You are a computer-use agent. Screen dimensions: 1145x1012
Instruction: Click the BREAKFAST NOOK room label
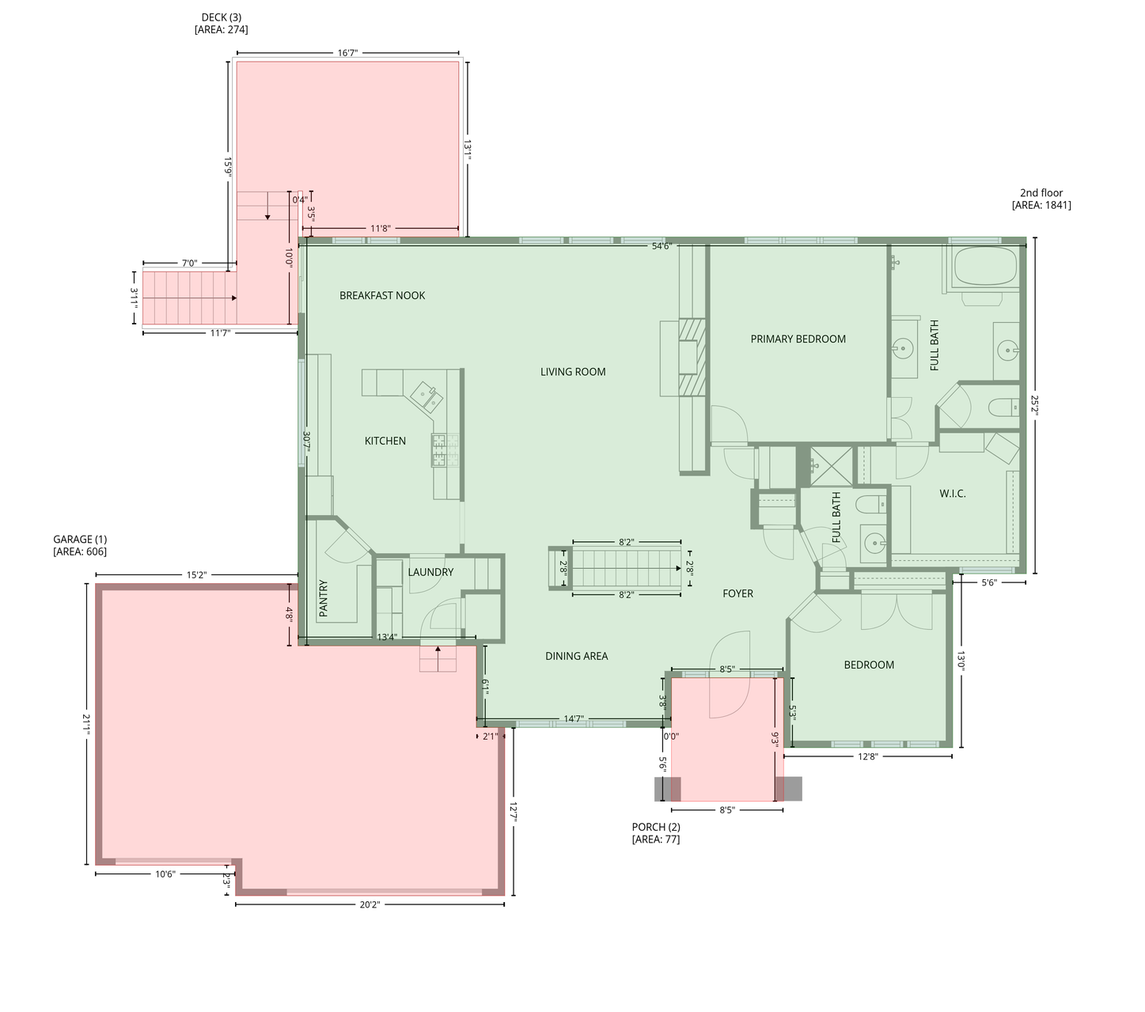tap(382, 295)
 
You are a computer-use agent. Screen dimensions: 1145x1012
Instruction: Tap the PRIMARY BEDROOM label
tap(798, 339)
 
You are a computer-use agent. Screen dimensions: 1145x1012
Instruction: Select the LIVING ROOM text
tap(573, 372)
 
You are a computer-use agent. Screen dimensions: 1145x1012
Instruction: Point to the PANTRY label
tap(324, 598)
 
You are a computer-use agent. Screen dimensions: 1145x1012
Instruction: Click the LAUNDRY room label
tap(430, 572)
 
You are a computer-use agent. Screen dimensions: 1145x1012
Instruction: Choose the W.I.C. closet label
tap(952, 493)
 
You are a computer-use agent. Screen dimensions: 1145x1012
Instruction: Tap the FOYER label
tap(737, 593)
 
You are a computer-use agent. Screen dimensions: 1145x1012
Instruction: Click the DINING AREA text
tap(576, 656)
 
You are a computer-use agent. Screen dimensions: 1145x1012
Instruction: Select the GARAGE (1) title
tap(80, 539)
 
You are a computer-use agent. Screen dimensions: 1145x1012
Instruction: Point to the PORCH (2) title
tap(655, 827)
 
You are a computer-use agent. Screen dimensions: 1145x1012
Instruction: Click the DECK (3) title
tap(221, 17)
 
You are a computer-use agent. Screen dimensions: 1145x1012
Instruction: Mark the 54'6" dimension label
tap(662, 246)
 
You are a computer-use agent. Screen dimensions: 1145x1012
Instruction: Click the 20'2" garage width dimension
tap(370, 904)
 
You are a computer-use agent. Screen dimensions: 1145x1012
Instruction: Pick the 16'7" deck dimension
tap(347, 53)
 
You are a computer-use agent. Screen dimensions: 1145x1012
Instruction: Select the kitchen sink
tap(427, 395)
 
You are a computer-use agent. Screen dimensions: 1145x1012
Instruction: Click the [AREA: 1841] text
tap(1041, 205)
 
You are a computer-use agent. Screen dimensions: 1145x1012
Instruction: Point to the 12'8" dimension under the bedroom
tap(867, 756)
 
